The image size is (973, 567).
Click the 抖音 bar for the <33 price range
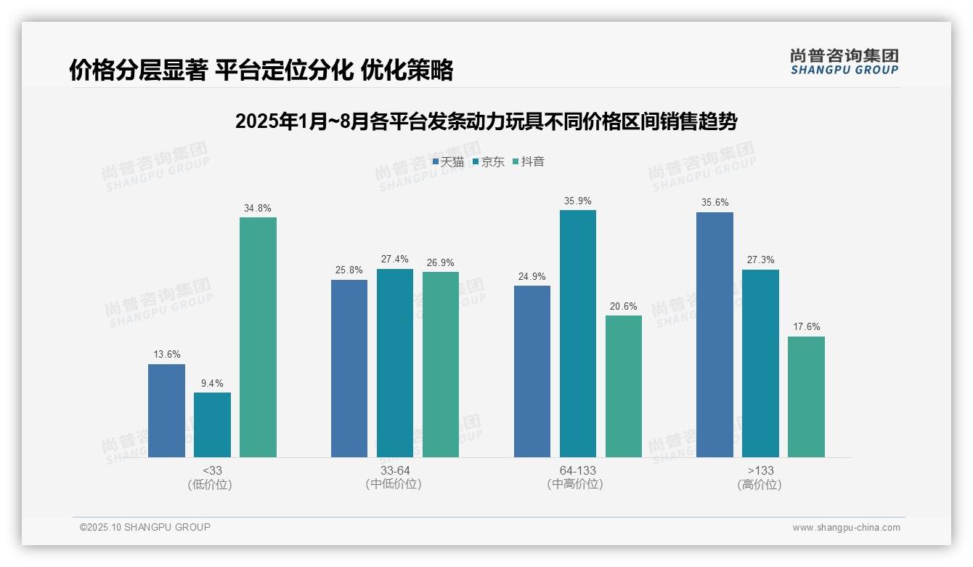(x=258, y=337)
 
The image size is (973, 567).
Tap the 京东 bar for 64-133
(x=578, y=334)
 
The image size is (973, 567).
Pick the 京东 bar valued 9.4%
(x=212, y=425)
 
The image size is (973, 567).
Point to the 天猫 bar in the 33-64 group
(x=349, y=369)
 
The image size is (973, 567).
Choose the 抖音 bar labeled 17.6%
(x=806, y=397)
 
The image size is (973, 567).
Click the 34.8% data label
(x=258, y=209)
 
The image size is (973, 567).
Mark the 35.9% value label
(x=578, y=201)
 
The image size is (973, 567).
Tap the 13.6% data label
(x=166, y=355)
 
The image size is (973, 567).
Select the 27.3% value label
(x=760, y=260)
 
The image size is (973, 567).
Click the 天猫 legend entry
(x=448, y=162)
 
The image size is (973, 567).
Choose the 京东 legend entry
(x=488, y=162)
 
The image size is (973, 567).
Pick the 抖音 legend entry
(x=529, y=162)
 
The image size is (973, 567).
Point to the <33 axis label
(x=212, y=471)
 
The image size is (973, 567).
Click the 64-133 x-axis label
(x=578, y=471)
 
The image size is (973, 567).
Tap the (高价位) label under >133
(x=760, y=485)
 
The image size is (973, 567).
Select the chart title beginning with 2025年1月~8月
(x=486, y=121)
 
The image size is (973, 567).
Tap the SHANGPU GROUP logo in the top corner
(x=844, y=61)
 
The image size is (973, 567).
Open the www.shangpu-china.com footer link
(x=846, y=528)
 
